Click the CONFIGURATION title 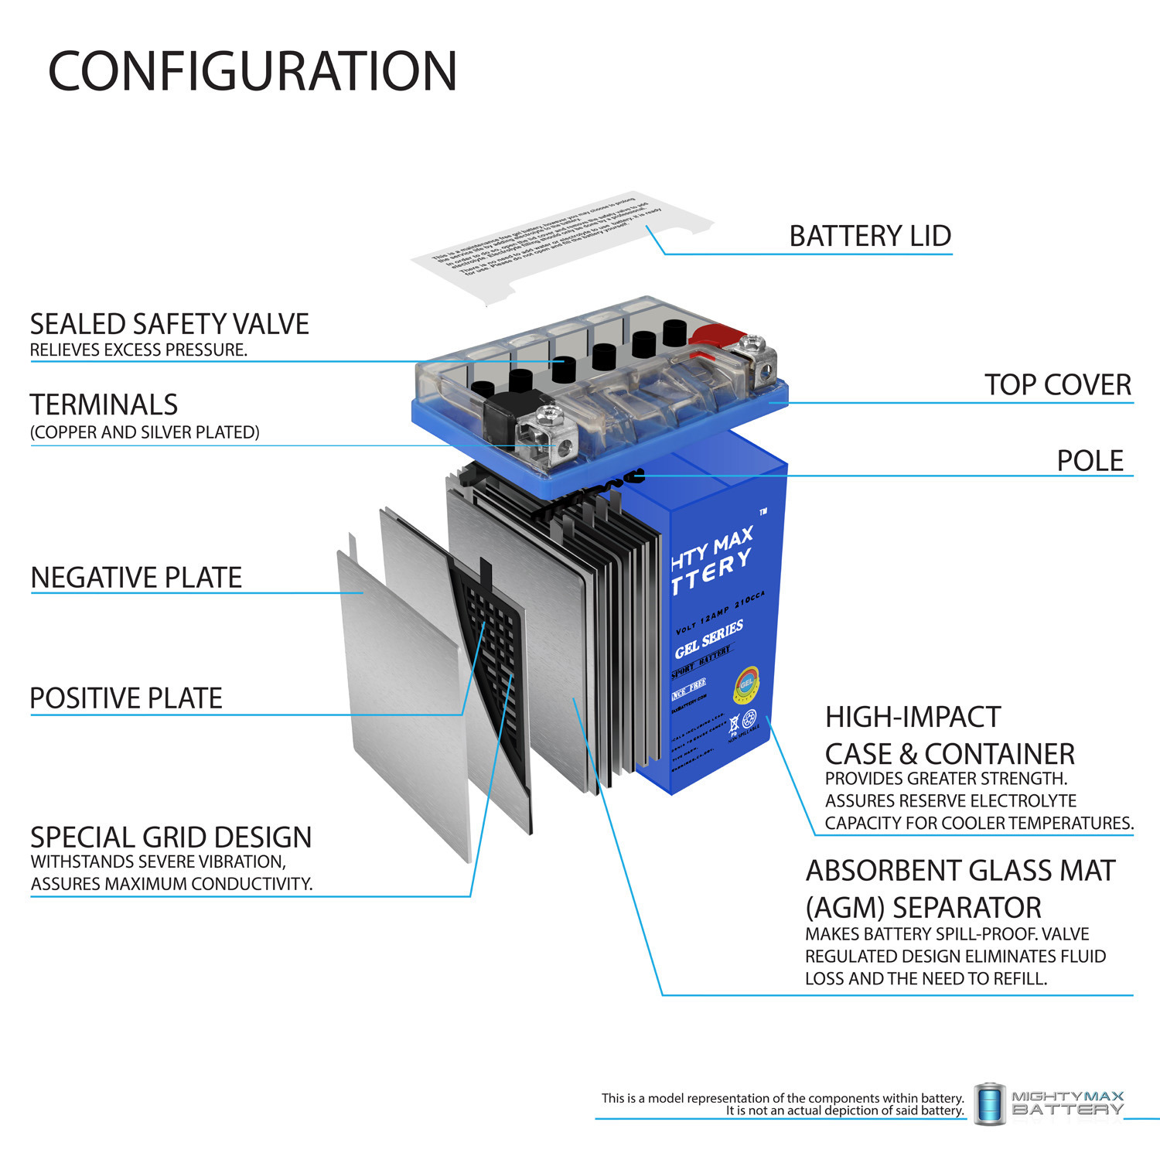[252, 71]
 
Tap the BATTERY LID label [869, 236]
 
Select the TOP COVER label [1057, 384]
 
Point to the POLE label [1090, 460]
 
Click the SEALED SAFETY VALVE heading [169, 324]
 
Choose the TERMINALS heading [104, 404]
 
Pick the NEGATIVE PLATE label [136, 578]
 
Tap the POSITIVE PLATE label [126, 698]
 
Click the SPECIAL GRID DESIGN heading [171, 837]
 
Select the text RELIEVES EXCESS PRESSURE [138, 350]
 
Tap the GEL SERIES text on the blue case [708, 639]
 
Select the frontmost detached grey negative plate [402, 696]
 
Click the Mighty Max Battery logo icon [989, 1103]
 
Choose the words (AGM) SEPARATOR [923, 907]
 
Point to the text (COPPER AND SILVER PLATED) [145, 432]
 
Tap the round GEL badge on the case [747, 684]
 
